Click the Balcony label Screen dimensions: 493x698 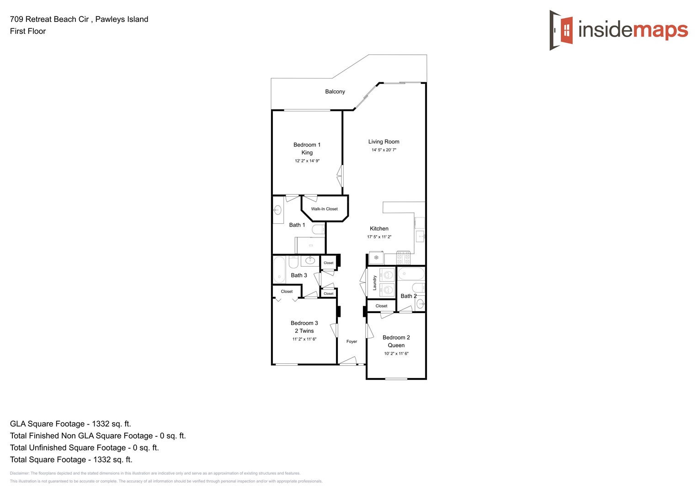335,92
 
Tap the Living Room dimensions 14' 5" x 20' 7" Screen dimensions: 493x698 384,150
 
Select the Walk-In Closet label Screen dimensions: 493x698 324,209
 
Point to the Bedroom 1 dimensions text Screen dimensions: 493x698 307,161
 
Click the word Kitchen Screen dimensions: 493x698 379,229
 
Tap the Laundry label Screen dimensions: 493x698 375,283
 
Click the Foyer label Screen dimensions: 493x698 352,341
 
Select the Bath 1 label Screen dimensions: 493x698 297,225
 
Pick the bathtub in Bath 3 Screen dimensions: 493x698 279,270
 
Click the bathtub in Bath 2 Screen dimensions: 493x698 411,274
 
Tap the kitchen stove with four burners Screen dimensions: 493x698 403,258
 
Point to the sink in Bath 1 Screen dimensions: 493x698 277,210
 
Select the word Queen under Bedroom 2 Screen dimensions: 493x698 396,346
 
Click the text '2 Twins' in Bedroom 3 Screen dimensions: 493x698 304,331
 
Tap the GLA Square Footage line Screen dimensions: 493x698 70,424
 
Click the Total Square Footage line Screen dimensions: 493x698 71,460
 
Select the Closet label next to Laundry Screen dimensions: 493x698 381,306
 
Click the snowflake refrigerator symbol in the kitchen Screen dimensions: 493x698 376,258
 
